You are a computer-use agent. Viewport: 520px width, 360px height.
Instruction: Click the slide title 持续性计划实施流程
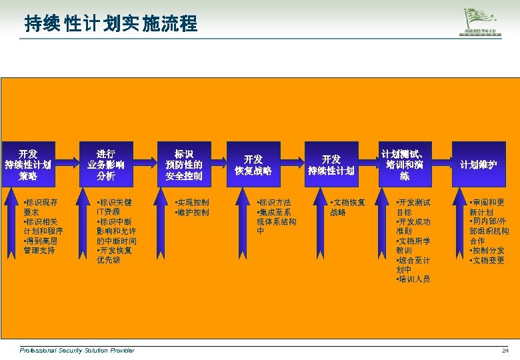point(111,25)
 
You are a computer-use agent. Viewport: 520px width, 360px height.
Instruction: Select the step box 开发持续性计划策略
point(28,165)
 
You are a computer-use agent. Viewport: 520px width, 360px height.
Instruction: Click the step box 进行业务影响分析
point(105,165)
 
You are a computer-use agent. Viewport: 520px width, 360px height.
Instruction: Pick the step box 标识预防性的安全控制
point(183,165)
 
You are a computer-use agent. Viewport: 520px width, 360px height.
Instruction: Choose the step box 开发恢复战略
point(253,165)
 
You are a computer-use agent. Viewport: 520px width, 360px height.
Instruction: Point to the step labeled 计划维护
point(478,165)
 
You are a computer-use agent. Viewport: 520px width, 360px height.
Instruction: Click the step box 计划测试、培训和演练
point(405,165)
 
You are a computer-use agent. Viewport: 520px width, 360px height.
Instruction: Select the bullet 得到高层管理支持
point(43,245)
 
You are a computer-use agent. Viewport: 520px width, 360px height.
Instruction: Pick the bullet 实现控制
point(191,203)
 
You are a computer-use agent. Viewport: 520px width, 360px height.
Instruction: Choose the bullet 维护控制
point(191,213)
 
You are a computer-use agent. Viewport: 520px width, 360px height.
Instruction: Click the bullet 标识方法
point(274,203)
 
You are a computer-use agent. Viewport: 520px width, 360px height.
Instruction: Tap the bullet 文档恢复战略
point(348,207)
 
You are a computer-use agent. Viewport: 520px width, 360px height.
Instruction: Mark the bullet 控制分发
point(487,251)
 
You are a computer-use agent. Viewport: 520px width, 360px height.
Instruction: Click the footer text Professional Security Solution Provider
point(77,351)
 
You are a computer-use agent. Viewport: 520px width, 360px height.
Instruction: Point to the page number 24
point(505,351)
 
